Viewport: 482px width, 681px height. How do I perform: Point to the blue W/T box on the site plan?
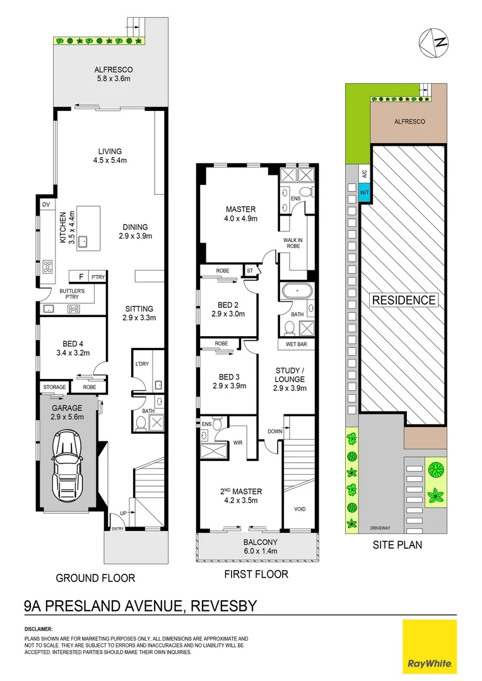(365, 192)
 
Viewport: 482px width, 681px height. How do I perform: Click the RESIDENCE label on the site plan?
(404, 300)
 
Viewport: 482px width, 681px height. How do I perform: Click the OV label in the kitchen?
(45, 204)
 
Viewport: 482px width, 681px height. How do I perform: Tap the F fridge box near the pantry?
(79, 276)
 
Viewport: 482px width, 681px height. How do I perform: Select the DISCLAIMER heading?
(38, 629)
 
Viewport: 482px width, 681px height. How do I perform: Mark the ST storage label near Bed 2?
(250, 271)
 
